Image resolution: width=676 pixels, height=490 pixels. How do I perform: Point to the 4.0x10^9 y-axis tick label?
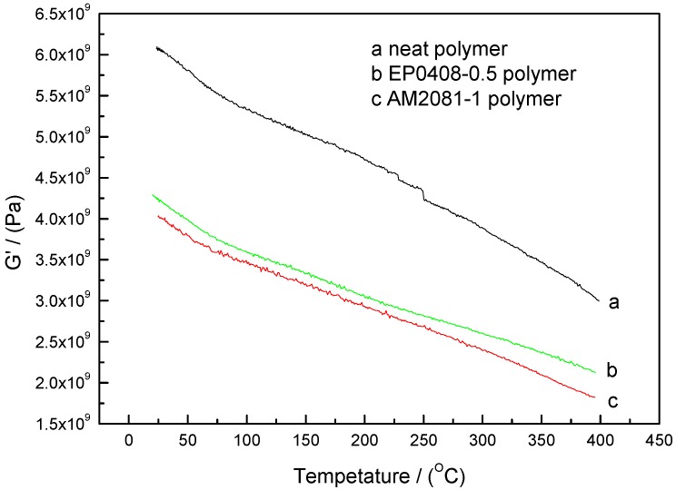pos(46,219)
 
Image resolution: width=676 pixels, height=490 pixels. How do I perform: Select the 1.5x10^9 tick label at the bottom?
pos(46,424)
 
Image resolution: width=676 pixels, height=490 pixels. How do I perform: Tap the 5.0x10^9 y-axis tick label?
pos(46,137)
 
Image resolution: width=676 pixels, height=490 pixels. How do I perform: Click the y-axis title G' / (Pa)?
pos(15,219)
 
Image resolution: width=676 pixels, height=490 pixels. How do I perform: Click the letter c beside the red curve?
pos(613,400)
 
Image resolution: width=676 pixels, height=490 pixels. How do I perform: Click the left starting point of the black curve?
pos(156,47)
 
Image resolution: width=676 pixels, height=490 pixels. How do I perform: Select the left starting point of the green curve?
pos(152,194)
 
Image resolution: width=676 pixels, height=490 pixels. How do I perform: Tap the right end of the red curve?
pos(595,397)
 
